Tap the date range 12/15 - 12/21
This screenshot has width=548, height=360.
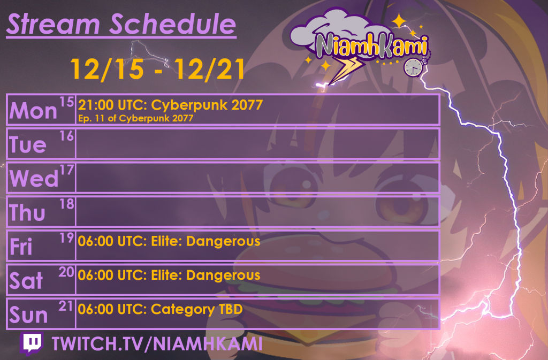pos(157,69)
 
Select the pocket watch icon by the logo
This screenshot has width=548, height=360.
pos(413,67)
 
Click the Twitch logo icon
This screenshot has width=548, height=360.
pos(32,344)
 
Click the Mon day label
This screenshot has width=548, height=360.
pos(34,111)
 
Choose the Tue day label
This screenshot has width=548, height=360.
pos(28,145)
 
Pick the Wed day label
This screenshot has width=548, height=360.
pos(34,179)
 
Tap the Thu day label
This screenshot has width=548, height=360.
pos(27,213)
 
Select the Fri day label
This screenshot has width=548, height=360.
pos(21,247)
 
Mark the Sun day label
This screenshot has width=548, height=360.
pos(29,315)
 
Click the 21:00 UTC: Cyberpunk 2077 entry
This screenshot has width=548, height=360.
pos(170,105)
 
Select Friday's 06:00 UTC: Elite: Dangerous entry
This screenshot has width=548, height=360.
pos(169,242)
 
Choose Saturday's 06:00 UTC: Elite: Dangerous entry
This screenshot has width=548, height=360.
pos(169,276)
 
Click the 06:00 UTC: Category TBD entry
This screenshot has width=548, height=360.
pos(160,310)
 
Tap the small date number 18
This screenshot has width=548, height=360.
pos(67,203)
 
